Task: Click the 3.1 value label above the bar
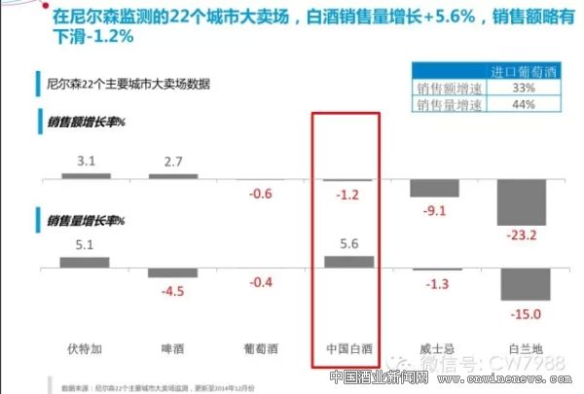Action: coord(85,160)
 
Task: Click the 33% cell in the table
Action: coord(514,88)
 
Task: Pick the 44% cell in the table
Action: coord(514,103)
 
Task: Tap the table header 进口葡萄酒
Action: coord(514,72)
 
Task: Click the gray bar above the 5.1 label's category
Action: coord(85,262)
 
